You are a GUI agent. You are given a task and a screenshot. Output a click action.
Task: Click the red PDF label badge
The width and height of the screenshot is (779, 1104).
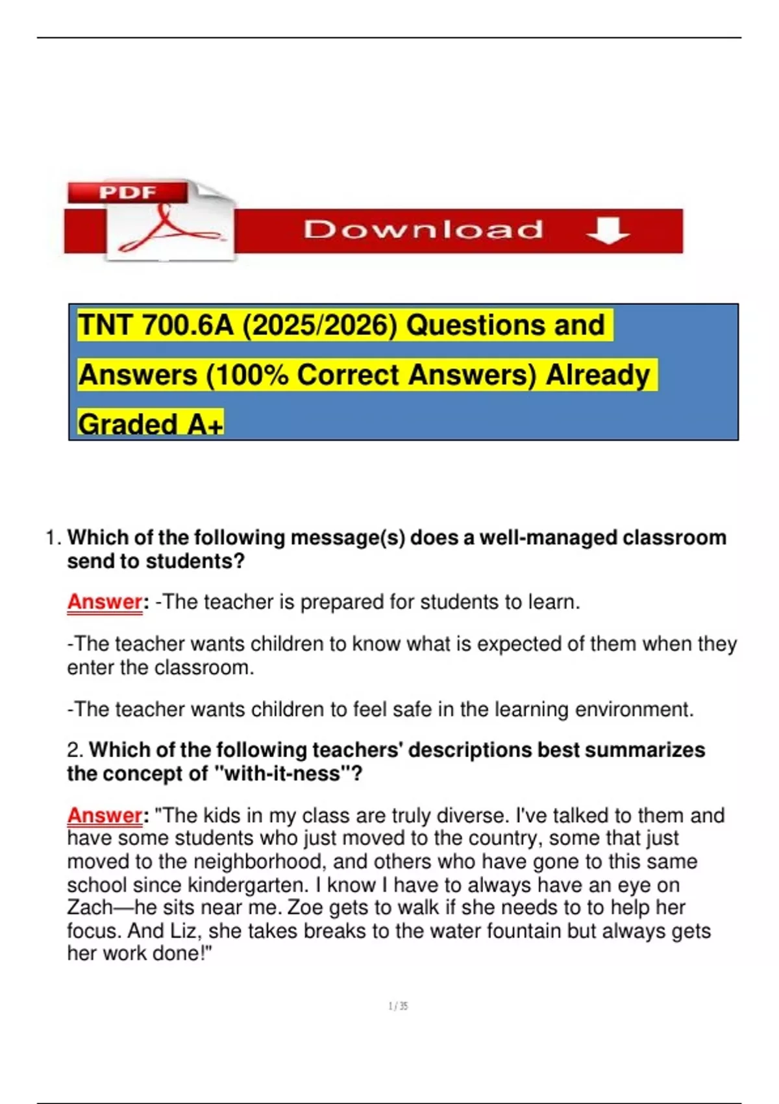pos(127,192)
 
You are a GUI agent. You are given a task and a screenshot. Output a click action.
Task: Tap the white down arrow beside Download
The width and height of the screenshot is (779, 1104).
pos(607,231)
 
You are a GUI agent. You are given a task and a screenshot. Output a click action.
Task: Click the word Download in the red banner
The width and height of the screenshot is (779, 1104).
pos(423,230)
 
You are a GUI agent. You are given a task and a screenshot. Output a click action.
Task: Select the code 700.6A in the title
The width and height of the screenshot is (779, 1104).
pos(187,325)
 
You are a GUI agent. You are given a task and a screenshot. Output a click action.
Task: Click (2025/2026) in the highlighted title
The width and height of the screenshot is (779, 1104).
pos(319,325)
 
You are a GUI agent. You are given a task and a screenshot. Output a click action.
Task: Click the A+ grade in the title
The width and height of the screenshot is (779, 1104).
pos(205,425)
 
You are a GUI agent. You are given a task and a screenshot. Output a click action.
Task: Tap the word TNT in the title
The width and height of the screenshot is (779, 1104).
pos(105,325)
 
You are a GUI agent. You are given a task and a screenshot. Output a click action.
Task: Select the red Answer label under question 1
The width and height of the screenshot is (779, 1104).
pos(105,602)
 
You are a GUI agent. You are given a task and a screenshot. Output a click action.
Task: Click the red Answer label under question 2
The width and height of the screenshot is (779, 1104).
pos(105,815)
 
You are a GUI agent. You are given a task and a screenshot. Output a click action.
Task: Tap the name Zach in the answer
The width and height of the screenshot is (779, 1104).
pos(90,907)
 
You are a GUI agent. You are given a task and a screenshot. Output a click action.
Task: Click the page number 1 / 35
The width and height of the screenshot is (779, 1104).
pos(398,1006)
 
